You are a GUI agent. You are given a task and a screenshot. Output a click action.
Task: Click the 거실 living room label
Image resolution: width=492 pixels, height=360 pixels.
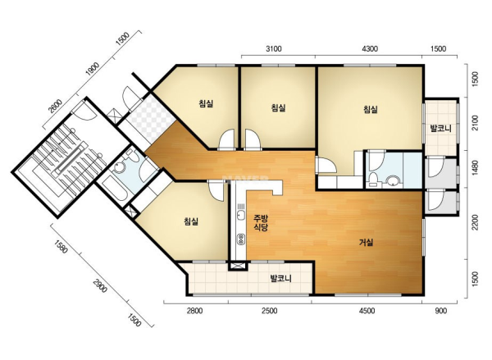pyautogui.click(x=366, y=242)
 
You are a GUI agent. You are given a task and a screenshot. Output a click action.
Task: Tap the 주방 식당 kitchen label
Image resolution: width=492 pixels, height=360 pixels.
pyautogui.click(x=261, y=222)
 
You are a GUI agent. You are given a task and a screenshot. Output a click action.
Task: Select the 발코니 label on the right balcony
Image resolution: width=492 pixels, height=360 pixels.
pyautogui.click(x=440, y=128)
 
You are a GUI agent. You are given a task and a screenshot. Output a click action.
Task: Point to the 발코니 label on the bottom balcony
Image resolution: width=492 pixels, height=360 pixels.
pyautogui.click(x=281, y=278)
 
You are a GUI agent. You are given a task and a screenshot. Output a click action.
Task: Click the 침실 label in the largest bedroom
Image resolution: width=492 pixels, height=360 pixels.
pyautogui.click(x=371, y=109)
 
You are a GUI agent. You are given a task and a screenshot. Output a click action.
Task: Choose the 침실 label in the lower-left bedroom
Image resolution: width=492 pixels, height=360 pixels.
pyautogui.click(x=191, y=221)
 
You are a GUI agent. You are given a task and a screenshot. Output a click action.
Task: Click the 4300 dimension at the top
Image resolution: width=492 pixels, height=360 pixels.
pyautogui.click(x=370, y=48)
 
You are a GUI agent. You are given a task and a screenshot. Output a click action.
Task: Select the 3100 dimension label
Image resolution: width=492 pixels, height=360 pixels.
pyautogui.click(x=274, y=48)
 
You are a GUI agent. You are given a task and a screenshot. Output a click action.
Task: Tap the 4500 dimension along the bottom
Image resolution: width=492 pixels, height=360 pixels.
pyautogui.click(x=367, y=311)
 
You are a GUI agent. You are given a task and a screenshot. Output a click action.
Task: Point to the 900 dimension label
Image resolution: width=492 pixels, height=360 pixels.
pyautogui.click(x=441, y=311)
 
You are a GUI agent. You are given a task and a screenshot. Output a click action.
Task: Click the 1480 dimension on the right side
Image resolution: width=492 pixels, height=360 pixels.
pyautogui.click(x=475, y=168)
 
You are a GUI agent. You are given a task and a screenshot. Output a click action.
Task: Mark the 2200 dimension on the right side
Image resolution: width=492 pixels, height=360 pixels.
pyautogui.click(x=475, y=222)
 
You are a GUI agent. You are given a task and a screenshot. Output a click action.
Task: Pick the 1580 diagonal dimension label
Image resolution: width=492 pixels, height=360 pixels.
pyautogui.click(x=61, y=246)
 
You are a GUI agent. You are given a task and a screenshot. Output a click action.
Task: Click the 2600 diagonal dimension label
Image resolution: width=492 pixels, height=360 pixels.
pyautogui.click(x=55, y=106)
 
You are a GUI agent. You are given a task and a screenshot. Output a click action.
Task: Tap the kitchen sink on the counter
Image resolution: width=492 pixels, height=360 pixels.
pyautogui.click(x=241, y=216)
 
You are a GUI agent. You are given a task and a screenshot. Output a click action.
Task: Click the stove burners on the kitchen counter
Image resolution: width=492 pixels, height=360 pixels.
pyautogui.click(x=241, y=239)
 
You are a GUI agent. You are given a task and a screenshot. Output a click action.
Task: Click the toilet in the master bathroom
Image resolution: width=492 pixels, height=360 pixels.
pyautogui.click(x=373, y=180)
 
